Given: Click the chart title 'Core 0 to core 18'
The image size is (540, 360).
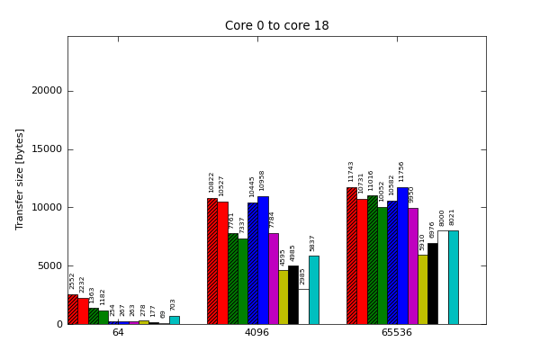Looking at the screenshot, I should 276,26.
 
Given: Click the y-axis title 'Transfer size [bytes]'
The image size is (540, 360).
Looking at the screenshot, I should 20,178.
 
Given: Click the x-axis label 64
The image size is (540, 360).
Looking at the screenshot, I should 118,333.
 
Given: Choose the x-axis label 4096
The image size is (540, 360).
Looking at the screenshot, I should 257,333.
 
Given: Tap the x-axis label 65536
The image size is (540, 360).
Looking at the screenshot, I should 396,333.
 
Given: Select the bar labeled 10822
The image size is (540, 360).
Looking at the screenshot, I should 212,261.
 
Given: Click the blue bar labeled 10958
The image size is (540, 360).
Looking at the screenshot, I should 263,260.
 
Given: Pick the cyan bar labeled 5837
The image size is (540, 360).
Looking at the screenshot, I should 313,290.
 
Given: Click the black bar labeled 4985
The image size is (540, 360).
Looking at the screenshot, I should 293,295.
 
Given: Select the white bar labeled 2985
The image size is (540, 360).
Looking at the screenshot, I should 303,306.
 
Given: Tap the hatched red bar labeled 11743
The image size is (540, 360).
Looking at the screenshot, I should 352,256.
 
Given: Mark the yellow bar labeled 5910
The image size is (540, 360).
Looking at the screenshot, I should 422,289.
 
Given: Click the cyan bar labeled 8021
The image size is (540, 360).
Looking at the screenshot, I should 453,277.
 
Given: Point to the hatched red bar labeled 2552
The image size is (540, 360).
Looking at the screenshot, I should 73,309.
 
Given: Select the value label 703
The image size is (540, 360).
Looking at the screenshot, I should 174,305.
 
